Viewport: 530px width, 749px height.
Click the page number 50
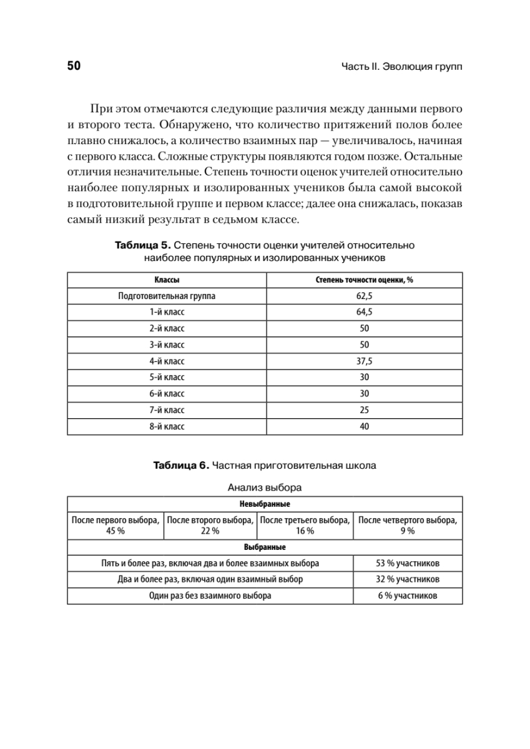(x=74, y=66)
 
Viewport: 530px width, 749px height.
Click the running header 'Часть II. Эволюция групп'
(x=402, y=67)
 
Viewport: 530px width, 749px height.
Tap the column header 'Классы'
(x=167, y=280)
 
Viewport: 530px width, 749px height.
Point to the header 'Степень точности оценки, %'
(x=365, y=280)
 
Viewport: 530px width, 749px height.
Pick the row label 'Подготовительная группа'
(x=167, y=296)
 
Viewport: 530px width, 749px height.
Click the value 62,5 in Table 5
(x=365, y=296)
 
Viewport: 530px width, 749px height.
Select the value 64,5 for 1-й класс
(x=365, y=313)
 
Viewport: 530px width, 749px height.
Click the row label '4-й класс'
(x=167, y=361)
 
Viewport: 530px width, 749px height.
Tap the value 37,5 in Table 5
(x=365, y=361)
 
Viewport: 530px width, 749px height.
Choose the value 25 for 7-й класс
(x=365, y=410)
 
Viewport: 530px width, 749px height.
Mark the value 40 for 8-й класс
(x=365, y=426)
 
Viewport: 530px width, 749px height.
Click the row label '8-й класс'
(x=167, y=426)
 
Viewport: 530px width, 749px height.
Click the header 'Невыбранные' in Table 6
(x=265, y=503)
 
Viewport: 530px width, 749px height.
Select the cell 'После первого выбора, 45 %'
(x=115, y=525)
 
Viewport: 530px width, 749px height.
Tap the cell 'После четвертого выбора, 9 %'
(x=408, y=525)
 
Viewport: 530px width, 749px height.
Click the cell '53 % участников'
(x=408, y=563)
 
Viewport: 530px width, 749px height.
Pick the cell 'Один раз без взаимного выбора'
(x=210, y=595)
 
